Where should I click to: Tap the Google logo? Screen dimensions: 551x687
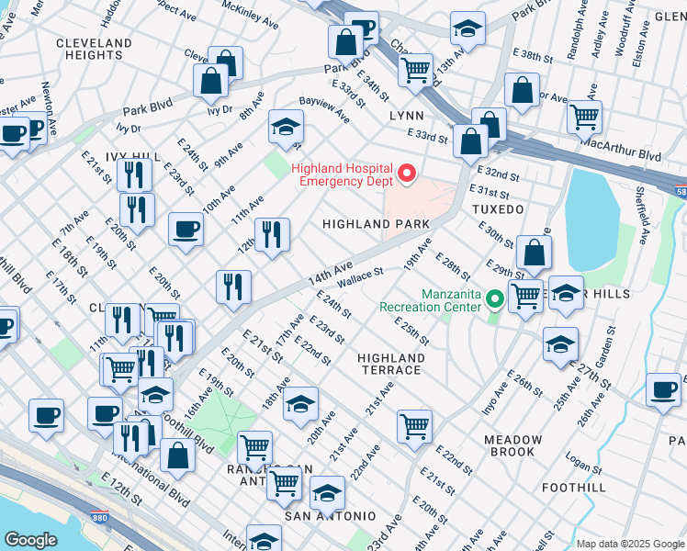click(x=30, y=539)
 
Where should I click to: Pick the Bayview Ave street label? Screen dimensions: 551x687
click(x=323, y=112)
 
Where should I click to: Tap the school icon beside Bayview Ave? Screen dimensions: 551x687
click(x=286, y=128)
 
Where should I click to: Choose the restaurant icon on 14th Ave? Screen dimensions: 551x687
click(x=234, y=287)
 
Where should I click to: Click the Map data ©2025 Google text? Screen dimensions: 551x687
click(x=629, y=543)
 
